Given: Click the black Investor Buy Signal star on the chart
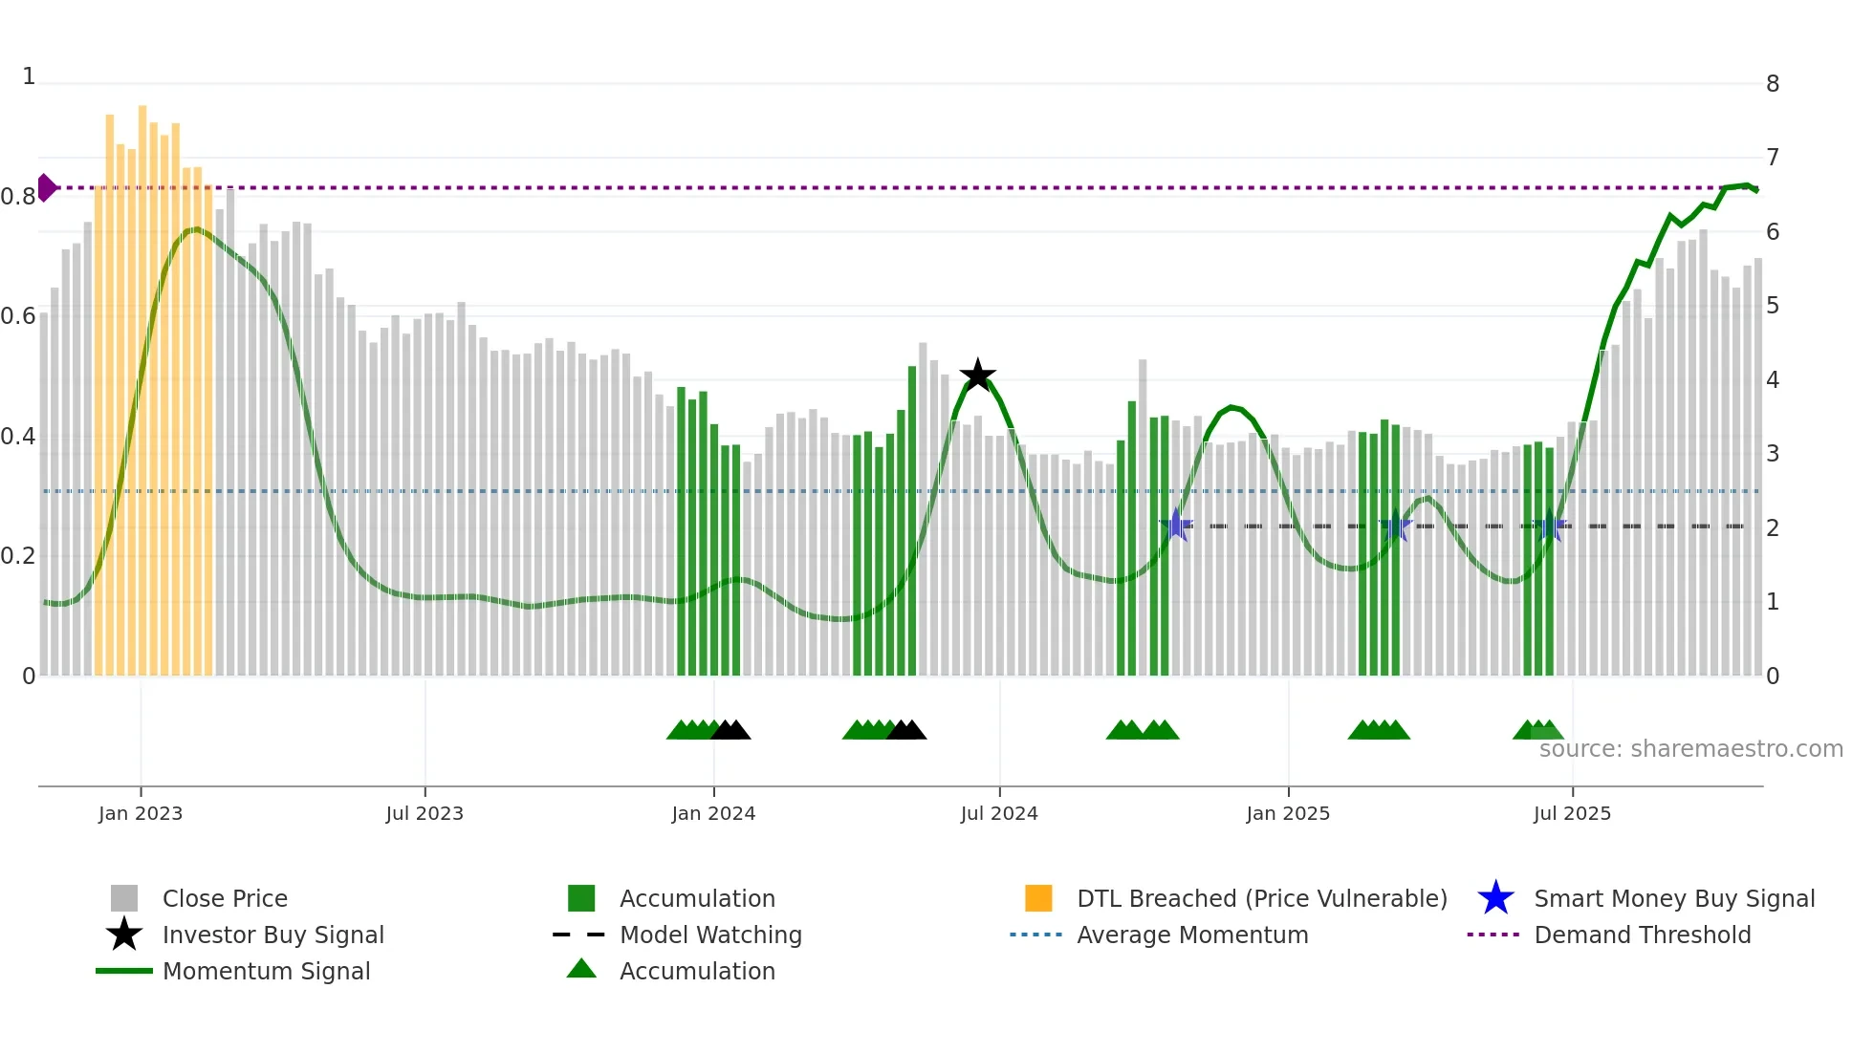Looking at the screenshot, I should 977,376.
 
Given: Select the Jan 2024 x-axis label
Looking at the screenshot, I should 713,813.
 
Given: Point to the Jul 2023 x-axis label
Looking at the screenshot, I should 425,813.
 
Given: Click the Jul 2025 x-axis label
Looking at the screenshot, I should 1572,813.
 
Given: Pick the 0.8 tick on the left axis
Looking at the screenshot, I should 18,197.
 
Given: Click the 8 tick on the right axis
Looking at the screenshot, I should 1773,84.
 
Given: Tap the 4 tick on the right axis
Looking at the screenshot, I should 1773,380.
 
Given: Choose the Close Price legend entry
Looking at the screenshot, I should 225,898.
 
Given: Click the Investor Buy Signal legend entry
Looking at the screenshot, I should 272,935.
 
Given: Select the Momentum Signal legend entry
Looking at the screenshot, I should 266,971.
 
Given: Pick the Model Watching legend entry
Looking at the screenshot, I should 710,935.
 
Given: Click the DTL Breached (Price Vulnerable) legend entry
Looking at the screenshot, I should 1261,898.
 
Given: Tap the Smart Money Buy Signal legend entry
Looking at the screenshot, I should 1674,898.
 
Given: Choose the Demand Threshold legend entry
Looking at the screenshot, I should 1642,935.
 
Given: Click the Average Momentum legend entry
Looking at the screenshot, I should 1192,935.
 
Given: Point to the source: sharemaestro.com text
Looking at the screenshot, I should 1690,749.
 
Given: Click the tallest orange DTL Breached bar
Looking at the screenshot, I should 142,382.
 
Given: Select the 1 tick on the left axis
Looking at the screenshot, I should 29,76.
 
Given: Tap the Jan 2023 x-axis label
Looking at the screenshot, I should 141,813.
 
